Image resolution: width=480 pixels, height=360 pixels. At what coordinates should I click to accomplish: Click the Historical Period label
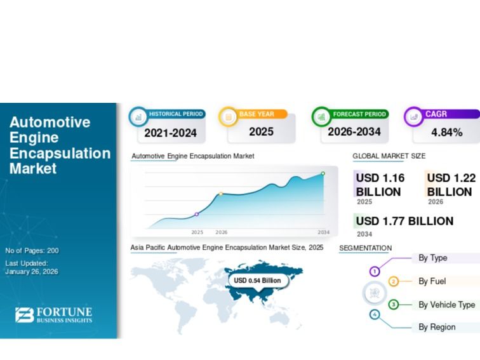pos(176,114)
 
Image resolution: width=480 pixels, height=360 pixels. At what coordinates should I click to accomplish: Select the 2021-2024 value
pos(170,133)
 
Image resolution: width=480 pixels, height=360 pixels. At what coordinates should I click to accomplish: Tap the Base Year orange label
pos(257,114)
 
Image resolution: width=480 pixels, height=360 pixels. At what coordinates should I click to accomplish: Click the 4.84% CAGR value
pos(446,133)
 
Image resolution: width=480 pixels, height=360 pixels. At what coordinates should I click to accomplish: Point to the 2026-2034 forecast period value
pos(354,132)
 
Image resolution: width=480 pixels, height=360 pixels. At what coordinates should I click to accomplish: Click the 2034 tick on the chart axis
pos(324,232)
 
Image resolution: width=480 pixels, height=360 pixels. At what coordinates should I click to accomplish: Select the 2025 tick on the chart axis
pos(197,232)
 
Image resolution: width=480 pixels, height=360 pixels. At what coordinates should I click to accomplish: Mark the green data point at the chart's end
pos(323,173)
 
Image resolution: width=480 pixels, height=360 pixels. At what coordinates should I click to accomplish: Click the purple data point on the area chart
pos(197,214)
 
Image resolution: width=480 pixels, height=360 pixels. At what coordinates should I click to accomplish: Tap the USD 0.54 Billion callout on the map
pos(257,280)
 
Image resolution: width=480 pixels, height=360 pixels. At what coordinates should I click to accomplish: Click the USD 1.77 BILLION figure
pos(404,221)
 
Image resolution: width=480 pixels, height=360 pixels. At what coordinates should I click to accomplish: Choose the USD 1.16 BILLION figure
pos(380,185)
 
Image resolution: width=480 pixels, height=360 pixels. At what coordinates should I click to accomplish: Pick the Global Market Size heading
pos(389,156)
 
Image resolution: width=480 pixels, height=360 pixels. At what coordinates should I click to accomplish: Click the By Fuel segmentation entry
pos(432,281)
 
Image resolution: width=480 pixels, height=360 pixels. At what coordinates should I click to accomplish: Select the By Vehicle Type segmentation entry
pos(446,305)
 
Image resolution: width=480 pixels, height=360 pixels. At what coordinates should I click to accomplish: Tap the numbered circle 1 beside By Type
pos(375,271)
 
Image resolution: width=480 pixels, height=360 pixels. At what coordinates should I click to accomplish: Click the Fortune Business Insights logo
pos(54,315)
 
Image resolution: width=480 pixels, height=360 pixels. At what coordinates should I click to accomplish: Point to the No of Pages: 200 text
pos(32,251)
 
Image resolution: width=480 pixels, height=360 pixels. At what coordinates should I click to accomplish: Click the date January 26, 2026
pos(32,272)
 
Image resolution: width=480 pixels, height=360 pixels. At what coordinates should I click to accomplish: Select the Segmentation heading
pos(365,248)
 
